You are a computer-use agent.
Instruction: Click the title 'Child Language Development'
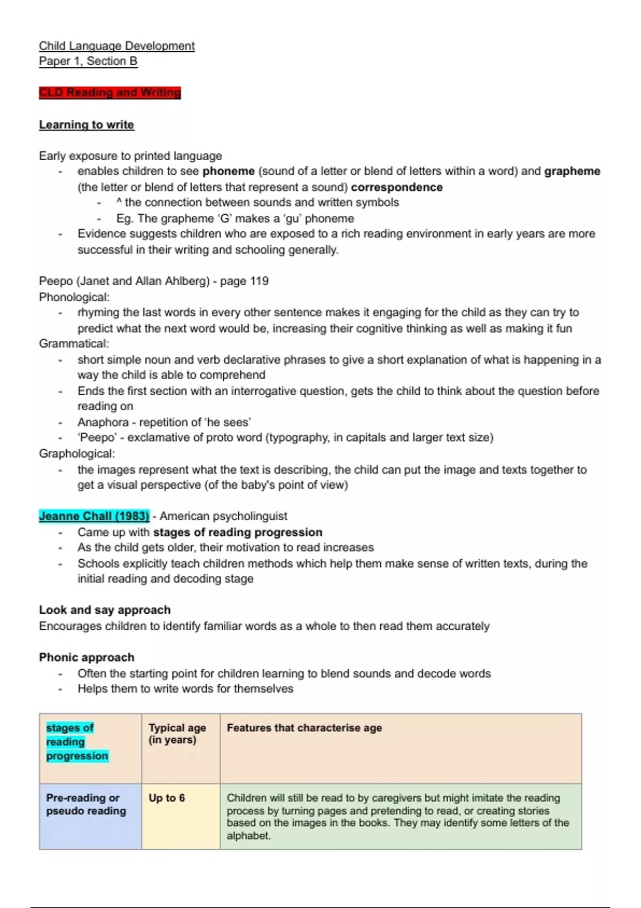[x=116, y=46]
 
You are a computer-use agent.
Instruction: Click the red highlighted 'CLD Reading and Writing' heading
[x=110, y=92]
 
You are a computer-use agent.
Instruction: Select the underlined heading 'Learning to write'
[x=87, y=124]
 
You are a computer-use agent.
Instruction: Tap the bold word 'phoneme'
[x=228, y=171]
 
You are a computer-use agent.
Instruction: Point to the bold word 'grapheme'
[x=572, y=171]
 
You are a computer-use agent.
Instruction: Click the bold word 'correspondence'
[x=396, y=187]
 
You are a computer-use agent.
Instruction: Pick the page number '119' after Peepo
[x=259, y=281]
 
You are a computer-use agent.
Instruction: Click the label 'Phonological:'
[x=74, y=297]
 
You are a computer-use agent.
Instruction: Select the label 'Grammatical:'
[x=74, y=343]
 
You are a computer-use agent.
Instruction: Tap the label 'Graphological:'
[x=76, y=453]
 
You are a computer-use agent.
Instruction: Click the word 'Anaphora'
[x=103, y=422]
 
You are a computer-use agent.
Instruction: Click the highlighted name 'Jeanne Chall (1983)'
[x=94, y=516]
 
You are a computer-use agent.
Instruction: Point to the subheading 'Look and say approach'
[x=105, y=610]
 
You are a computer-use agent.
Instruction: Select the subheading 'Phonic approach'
[x=87, y=657]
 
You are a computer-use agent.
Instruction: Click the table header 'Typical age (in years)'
[x=177, y=734]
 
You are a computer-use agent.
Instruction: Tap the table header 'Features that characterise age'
[x=304, y=727]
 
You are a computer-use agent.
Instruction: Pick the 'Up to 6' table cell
[x=167, y=798]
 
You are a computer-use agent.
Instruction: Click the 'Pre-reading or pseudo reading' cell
[x=86, y=804]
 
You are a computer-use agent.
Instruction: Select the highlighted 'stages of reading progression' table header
[x=76, y=742]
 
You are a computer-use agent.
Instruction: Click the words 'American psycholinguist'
[x=223, y=516]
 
